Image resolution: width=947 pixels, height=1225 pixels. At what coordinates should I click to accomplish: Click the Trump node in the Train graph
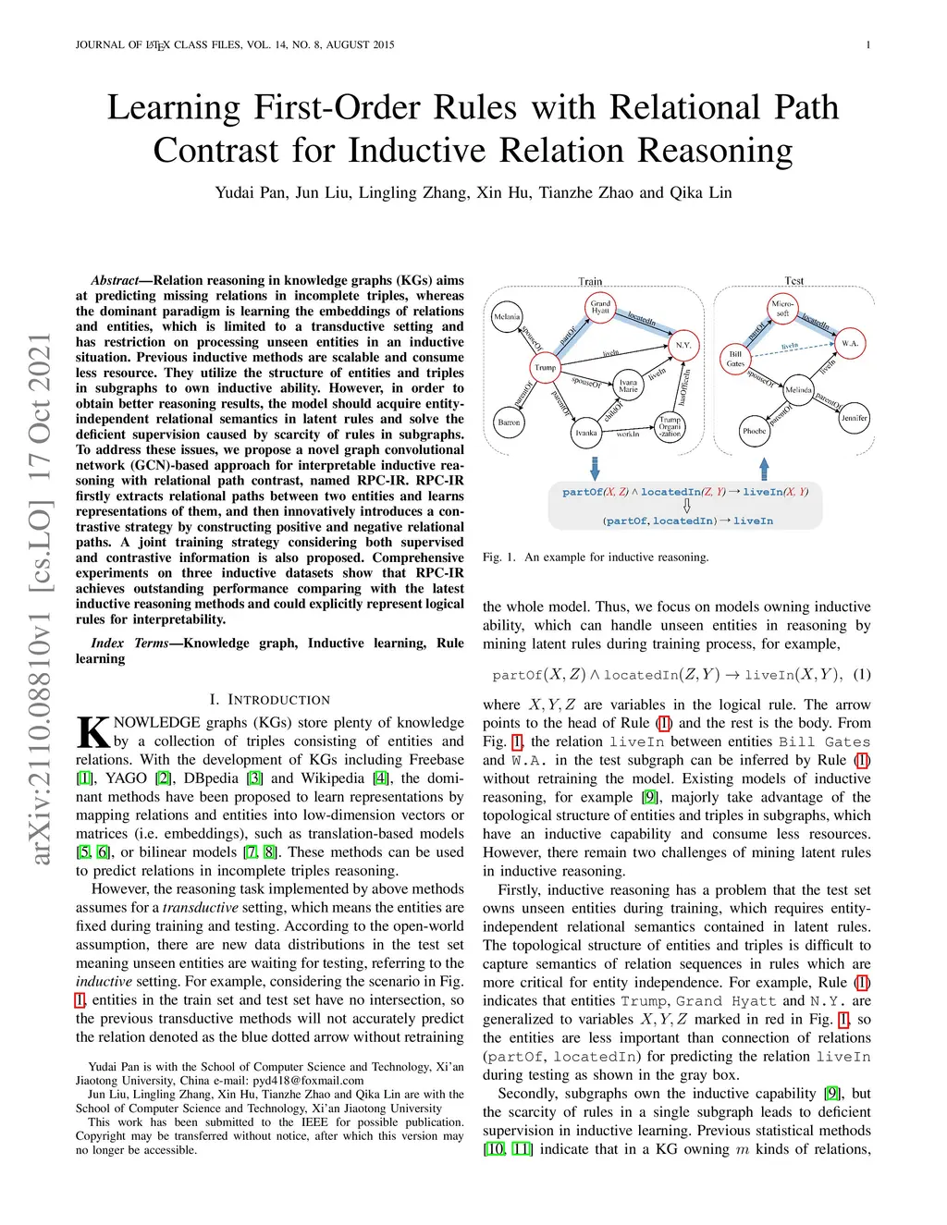546,367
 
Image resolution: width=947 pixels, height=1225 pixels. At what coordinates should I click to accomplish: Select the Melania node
507,317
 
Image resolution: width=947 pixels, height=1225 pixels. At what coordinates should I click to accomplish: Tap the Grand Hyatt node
601,307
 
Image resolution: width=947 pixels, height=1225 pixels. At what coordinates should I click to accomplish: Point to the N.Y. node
683,345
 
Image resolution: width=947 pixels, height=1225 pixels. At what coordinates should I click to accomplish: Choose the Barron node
510,423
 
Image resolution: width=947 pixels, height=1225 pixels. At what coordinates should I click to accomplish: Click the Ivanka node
586,433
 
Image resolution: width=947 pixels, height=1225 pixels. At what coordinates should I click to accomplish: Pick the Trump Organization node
670,426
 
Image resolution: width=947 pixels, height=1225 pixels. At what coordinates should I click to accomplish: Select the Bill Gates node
736,359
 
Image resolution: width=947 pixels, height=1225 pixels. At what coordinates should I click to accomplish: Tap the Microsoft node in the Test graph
783,308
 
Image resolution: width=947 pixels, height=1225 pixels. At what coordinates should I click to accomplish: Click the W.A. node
850,344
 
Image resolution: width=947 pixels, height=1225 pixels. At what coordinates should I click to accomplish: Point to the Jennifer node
855,418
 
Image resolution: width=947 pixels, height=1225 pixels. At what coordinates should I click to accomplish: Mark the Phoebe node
755,431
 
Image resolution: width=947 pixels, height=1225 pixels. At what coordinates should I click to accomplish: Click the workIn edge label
628,434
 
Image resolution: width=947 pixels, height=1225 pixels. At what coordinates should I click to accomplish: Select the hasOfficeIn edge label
684,387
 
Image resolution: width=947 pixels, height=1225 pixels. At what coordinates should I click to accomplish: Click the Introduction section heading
269,700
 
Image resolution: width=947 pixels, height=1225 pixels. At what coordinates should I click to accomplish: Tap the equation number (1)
861,674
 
